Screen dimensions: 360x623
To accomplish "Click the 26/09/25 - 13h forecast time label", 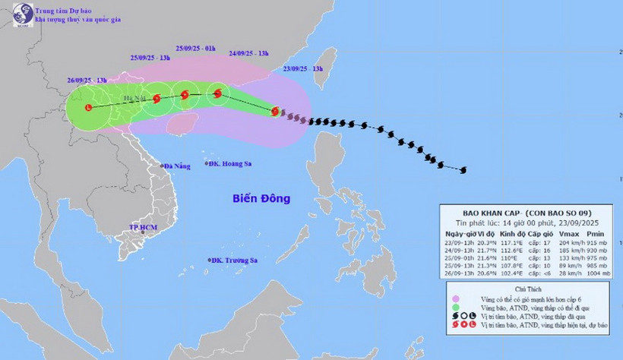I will point(86,80).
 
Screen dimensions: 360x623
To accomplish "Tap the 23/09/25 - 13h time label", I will point(302,68).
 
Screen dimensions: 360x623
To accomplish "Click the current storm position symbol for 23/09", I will point(275,111).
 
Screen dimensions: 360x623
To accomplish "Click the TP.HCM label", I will point(143,227).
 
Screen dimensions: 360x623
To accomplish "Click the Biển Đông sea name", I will point(261,199).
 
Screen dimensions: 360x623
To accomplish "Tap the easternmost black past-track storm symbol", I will point(463,169).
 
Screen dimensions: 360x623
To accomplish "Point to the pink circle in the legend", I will point(454,299).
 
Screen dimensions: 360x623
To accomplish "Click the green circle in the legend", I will point(454,308).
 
